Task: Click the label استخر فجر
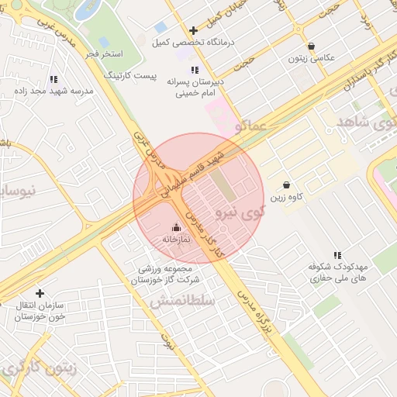[x=104, y=54]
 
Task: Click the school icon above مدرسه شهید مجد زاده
[x=54, y=79]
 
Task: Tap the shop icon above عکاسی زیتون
[x=311, y=47]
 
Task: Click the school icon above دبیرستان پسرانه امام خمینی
[x=194, y=70]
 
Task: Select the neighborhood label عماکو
[x=253, y=124]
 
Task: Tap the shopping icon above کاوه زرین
[x=287, y=185]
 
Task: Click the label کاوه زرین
[x=287, y=197]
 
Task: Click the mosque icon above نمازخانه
[x=175, y=227]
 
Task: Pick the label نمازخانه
[x=175, y=240]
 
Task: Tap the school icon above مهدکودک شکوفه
[x=337, y=254]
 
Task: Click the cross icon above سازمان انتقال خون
[x=40, y=293]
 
